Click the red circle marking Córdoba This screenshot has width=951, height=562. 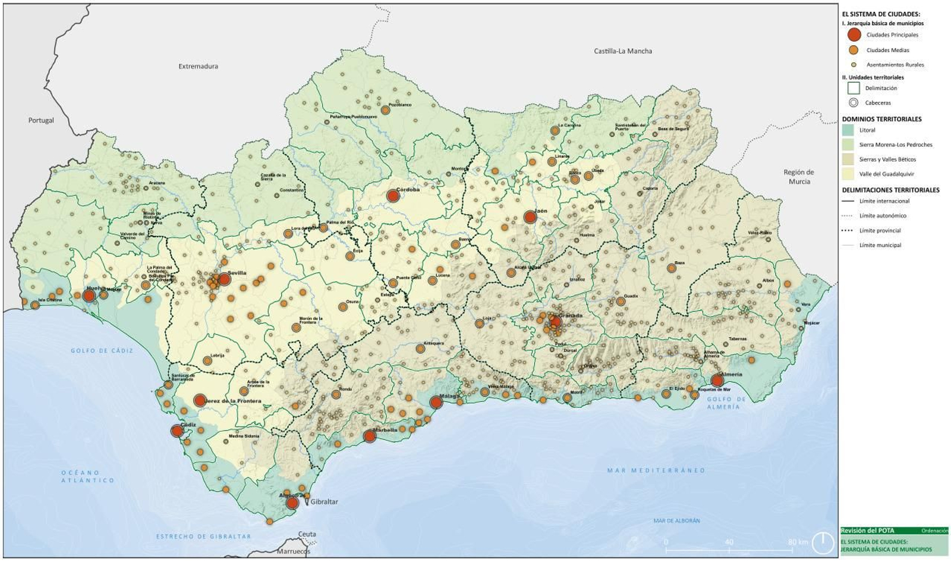[392, 196]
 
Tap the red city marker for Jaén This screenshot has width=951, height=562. [530, 217]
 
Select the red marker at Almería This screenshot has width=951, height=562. [717, 381]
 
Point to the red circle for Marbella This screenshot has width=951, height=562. [369, 436]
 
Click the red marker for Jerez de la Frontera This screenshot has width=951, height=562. [200, 400]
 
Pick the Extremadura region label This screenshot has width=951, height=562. [198, 67]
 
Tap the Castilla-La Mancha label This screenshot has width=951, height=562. [622, 51]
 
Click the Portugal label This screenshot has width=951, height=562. [41, 120]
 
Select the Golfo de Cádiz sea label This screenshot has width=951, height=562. [102, 351]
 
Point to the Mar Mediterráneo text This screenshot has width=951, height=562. [656, 470]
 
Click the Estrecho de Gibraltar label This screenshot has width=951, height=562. [203, 536]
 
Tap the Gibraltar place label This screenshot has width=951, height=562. [324, 502]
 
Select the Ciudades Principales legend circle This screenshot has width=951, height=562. [854, 34]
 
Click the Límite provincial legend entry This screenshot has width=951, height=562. [880, 230]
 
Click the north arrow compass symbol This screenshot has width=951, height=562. [823, 541]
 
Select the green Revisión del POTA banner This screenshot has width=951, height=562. [894, 530]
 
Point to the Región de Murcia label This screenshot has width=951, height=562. [799, 177]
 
